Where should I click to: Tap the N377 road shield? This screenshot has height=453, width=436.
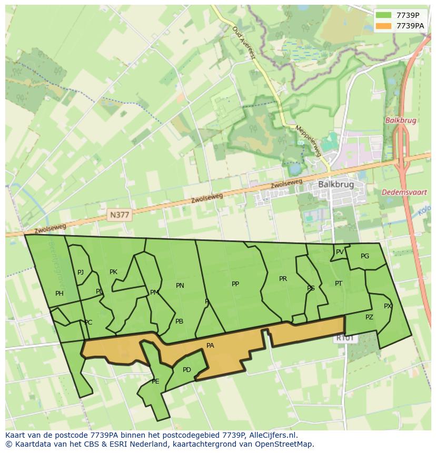[119, 215]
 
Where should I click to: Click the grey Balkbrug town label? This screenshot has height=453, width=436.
[336, 185]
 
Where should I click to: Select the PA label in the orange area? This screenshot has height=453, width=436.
[210, 346]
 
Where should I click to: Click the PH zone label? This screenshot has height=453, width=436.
[59, 294]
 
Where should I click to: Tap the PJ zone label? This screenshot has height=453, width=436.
[81, 273]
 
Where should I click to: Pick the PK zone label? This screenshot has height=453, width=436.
[113, 272]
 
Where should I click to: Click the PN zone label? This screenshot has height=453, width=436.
[180, 286]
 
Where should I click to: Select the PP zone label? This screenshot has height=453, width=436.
[235, 284]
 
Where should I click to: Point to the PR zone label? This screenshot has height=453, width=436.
[283, 279]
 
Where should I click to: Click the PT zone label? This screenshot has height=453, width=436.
[339, 284]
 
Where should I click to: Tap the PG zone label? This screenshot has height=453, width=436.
[365, 256]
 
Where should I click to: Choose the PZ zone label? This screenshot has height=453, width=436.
[369, 317]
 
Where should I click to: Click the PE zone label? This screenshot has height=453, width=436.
[155, 381]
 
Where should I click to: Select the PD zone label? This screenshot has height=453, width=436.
[187, 370]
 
